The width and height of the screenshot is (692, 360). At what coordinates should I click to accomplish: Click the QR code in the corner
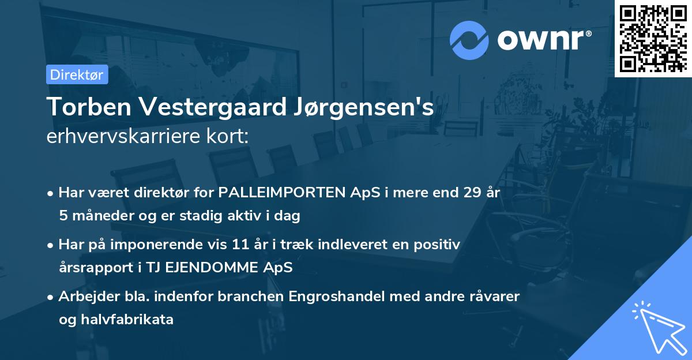point(653,38)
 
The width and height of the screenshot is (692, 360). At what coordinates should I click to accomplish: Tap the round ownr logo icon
point(469,40)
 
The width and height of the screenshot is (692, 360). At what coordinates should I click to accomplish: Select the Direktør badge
point(77,74)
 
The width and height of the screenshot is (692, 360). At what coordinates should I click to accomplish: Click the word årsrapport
point(91,268)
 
